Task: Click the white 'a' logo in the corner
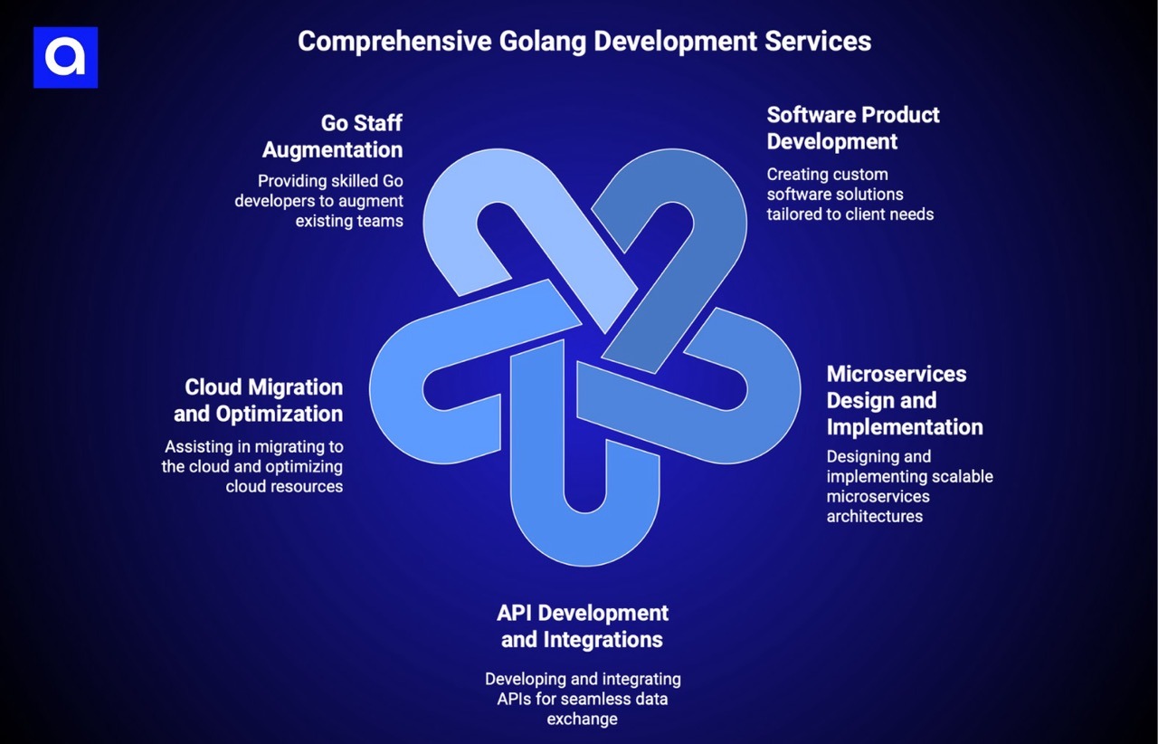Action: tap(65, 57)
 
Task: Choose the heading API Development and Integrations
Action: tap(583, 625)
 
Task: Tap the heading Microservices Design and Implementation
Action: tap(904, 400)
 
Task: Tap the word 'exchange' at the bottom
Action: tap(582, 719)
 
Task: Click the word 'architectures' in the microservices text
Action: tap(874, 516)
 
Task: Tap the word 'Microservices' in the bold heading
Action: tap(896, 374)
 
